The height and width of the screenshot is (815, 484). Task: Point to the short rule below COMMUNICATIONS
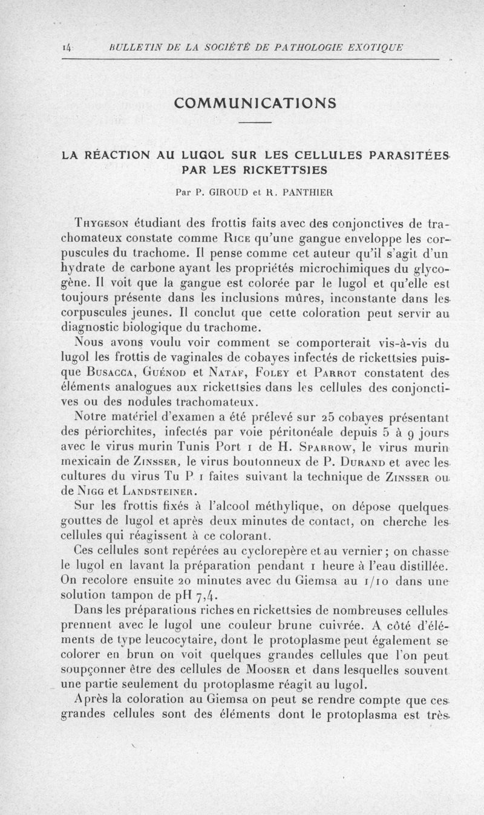pos(255,123)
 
